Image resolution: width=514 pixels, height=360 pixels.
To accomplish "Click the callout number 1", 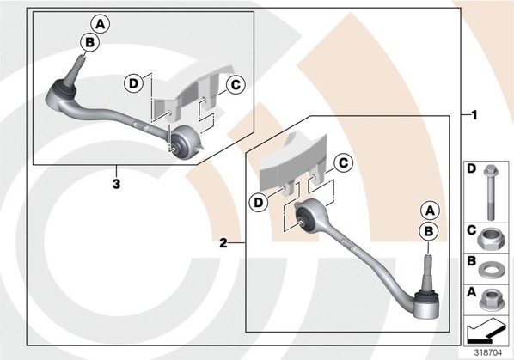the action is click(474, 115).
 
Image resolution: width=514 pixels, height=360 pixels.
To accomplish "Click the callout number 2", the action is click(223, 243).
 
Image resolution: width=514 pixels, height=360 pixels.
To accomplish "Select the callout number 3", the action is click(116, 184).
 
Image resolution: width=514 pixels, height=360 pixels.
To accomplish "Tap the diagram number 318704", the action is click(487, 352).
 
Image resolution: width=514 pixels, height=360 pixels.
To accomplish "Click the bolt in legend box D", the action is click(491, 192).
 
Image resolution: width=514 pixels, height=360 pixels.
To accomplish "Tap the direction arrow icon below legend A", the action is click(485, 330).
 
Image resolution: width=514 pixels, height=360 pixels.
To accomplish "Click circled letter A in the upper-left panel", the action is click(101, 24).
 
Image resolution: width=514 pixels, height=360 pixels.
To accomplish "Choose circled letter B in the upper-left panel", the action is click(89, 42).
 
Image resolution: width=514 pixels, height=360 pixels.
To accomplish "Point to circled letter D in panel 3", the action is click(133, 83).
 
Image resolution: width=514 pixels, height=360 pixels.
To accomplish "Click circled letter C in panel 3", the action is click(236, 85).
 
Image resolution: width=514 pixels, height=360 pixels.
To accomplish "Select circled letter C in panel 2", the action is click(343, 162).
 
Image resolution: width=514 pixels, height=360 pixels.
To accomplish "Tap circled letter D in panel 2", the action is click(259, 203).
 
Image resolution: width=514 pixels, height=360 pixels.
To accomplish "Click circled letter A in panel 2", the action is click(430, 211).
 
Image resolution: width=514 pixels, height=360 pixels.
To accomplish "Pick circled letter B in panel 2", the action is click(429, 231).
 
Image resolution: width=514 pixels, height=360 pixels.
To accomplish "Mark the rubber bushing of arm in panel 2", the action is click(304, 218).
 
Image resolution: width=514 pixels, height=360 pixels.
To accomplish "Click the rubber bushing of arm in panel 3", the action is click(179, 142).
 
